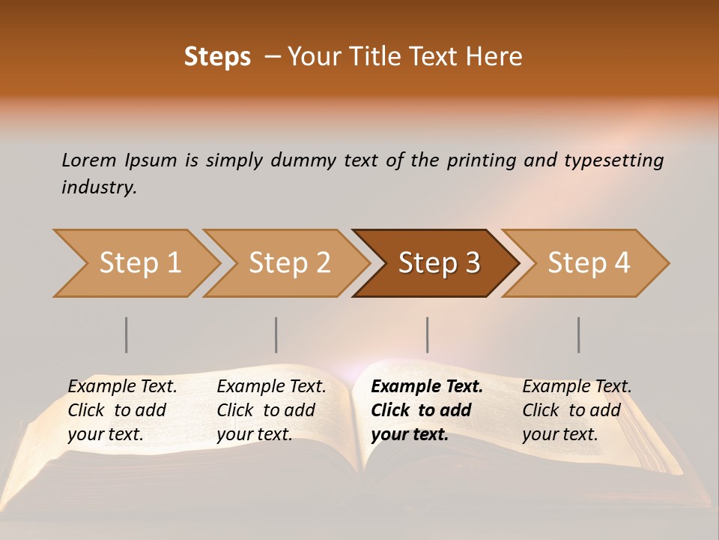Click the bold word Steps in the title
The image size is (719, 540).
point(217,57)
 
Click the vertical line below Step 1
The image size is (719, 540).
point(127,334)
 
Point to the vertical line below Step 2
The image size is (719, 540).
point(276,334)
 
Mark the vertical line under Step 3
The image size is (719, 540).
point(427,334)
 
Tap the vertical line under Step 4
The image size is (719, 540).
point(578,334)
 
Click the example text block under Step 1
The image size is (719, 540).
point(122,410)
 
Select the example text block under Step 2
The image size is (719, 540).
point(271,410)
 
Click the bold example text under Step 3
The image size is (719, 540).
point(426,410)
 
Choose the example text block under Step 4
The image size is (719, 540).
point(577,410)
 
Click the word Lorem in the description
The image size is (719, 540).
point(89,160)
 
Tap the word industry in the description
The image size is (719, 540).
point(99,187)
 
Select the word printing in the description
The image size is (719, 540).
point(482,160)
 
